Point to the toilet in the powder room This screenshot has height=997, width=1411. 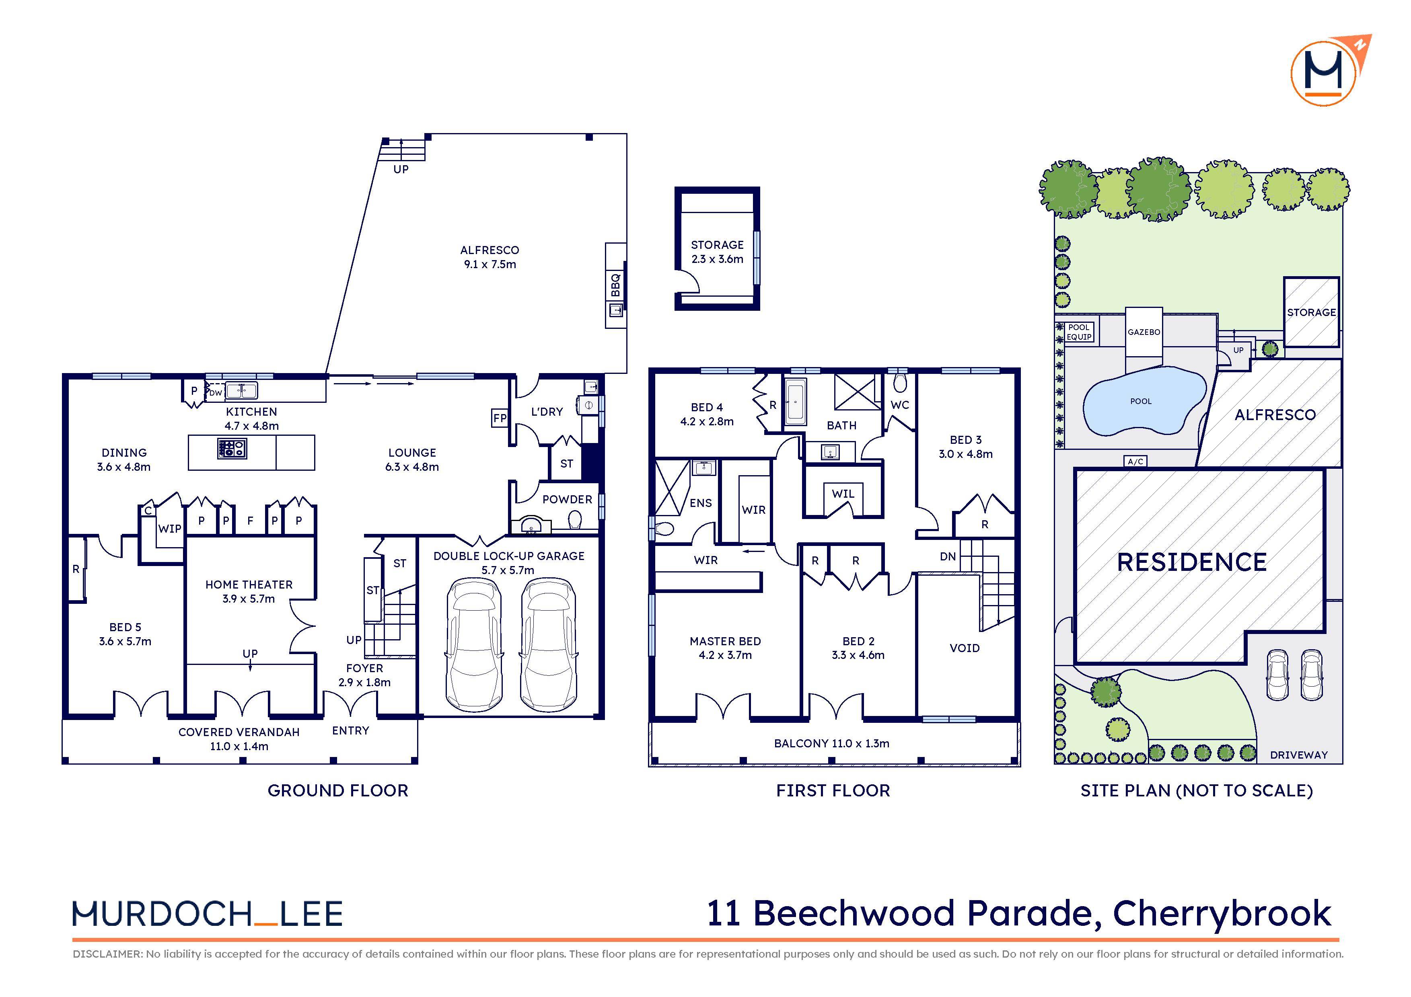pyautogui.click(x=575, y=521)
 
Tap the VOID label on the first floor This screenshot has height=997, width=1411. pyautogui.click(x=964, y=648)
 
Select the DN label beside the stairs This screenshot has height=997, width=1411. pyautogui.click(x=948, y=556)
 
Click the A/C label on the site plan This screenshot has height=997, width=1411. pyautogui.click(x=1135, y=462)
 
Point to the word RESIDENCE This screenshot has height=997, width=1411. pyautogui.click(x=1191, y=562)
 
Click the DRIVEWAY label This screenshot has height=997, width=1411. pyautogui.click(x=1298, y=755)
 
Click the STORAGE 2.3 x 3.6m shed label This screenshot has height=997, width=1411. pyautogui.click(x=717, y=252)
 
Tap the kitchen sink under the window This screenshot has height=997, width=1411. pyautogui.click(x=241, y=390)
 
